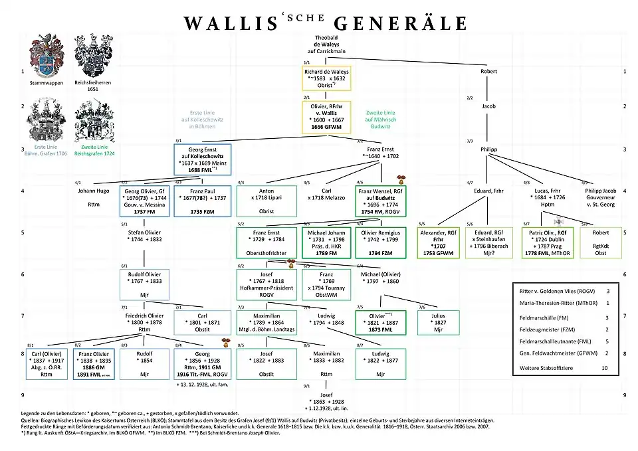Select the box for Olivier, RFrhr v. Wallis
pyautogui.click(x=326, y=118)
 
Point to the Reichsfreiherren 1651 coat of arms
pyautogui.click(x=93, y=60)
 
